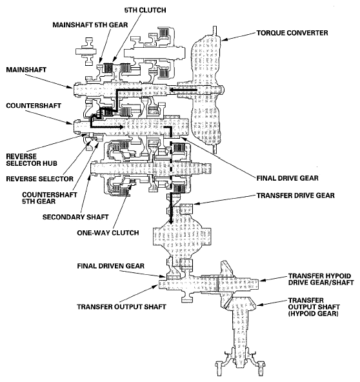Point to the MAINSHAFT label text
23,68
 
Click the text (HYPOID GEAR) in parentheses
315,315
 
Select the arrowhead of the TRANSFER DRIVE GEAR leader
195,205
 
